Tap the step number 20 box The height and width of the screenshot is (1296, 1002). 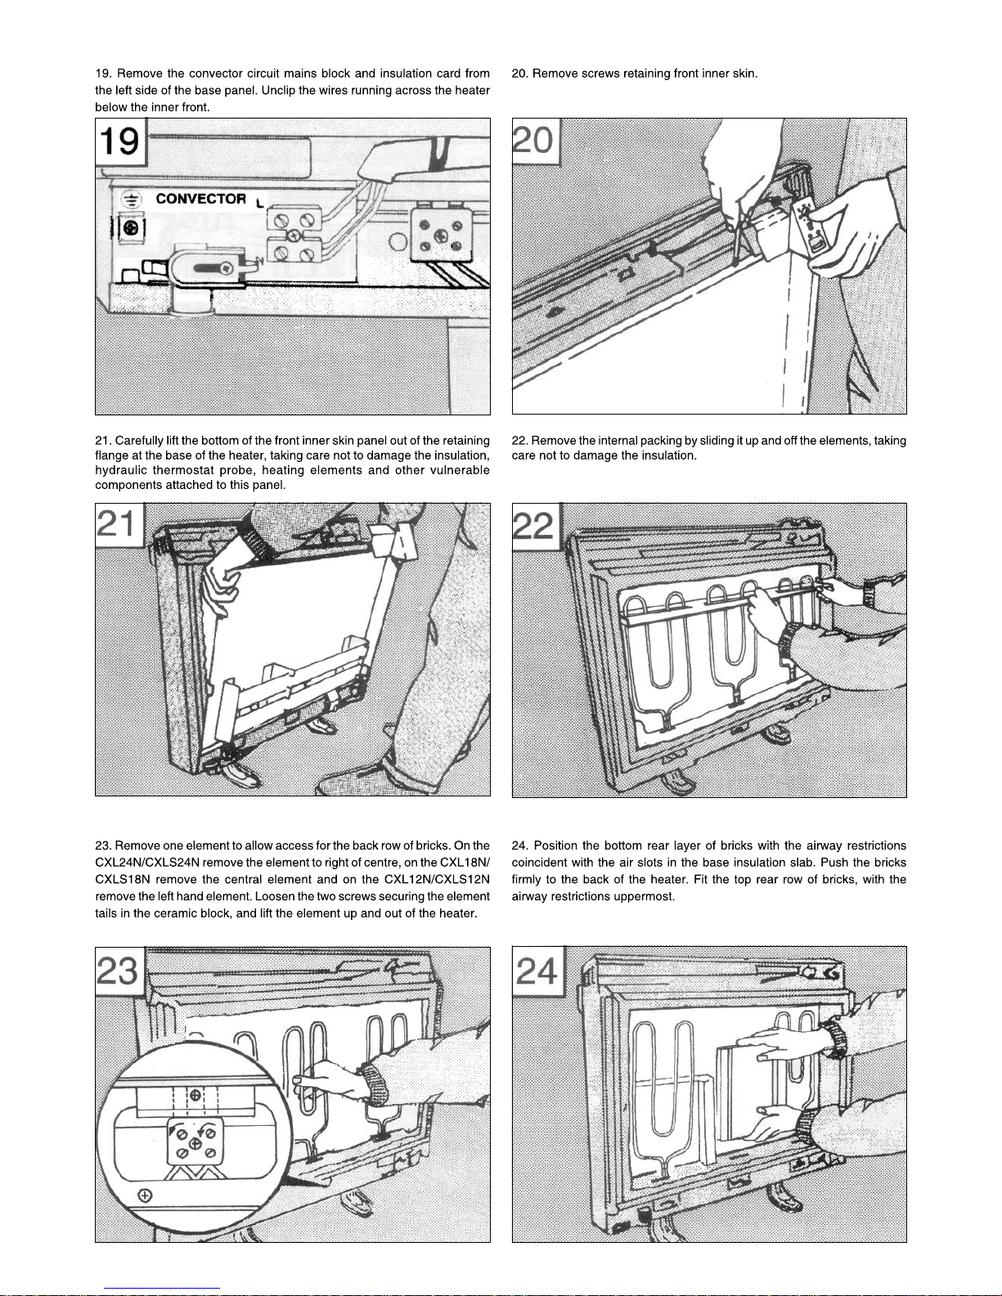click(533, 139)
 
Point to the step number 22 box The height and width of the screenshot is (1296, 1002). click(534, 524)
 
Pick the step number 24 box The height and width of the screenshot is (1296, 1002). click(537, 971)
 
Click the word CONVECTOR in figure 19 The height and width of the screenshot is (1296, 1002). click(200, 199)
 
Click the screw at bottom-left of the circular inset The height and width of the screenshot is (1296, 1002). click(145, 1196)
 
